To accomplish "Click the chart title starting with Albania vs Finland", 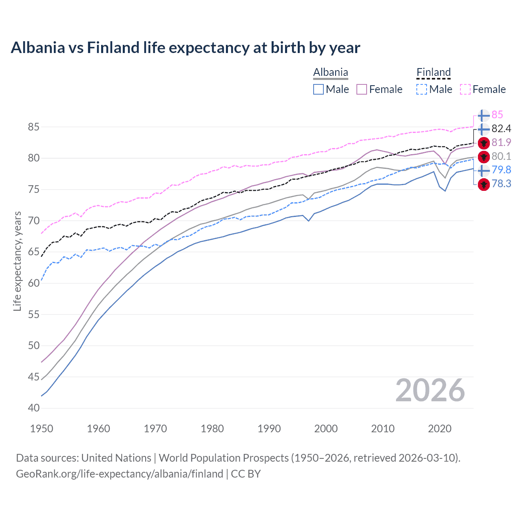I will pyautogui.click(x=186, y=48).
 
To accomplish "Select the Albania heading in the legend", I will pyautogui.click(x=330, y=73).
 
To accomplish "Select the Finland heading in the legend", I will pyautogui.click(x=434, y=73).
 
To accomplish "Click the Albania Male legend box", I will pyautogui.click(x=319, y=89).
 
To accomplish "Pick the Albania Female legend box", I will pyautogui.click(x=362, y=89).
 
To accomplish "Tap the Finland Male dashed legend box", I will pyautogui.click(x=422, y=89).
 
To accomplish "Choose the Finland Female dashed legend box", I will pyautogui.click(x=465, y=89).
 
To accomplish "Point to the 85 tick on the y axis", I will pyautogui.click(x=33, y=127).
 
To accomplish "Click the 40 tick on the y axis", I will pyautogui.click(x=33, y=408).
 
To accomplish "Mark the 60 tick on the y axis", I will pyautogui.click(x=33, y=283).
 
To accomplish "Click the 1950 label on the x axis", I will pyautogui.click(x=42, y=429).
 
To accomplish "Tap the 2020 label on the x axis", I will pyautogui.click(x=440, y=429).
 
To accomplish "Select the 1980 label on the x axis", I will pyautogui.click(x=212, y=429).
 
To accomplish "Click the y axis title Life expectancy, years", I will pyautogui.click(x=17, y=261).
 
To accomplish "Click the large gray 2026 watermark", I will pyautogui.click(x=430, y=390).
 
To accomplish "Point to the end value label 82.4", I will pyautogui.click(x=501, y=129).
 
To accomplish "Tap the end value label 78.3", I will pyautogui.click(x=501, y=184).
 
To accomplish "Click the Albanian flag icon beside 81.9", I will pyautogui.click(x=484, y=143).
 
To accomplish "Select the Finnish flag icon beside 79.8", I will pyautogui.click(x=484, y=170).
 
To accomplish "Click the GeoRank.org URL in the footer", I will pyautogui.click(x=119, y=474).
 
